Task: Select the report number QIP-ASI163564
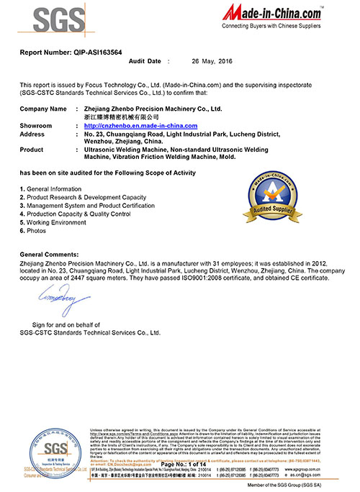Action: pyautogui.click(x=68, y=53)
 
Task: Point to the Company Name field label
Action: pyautogui.click(x=43, y=109)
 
